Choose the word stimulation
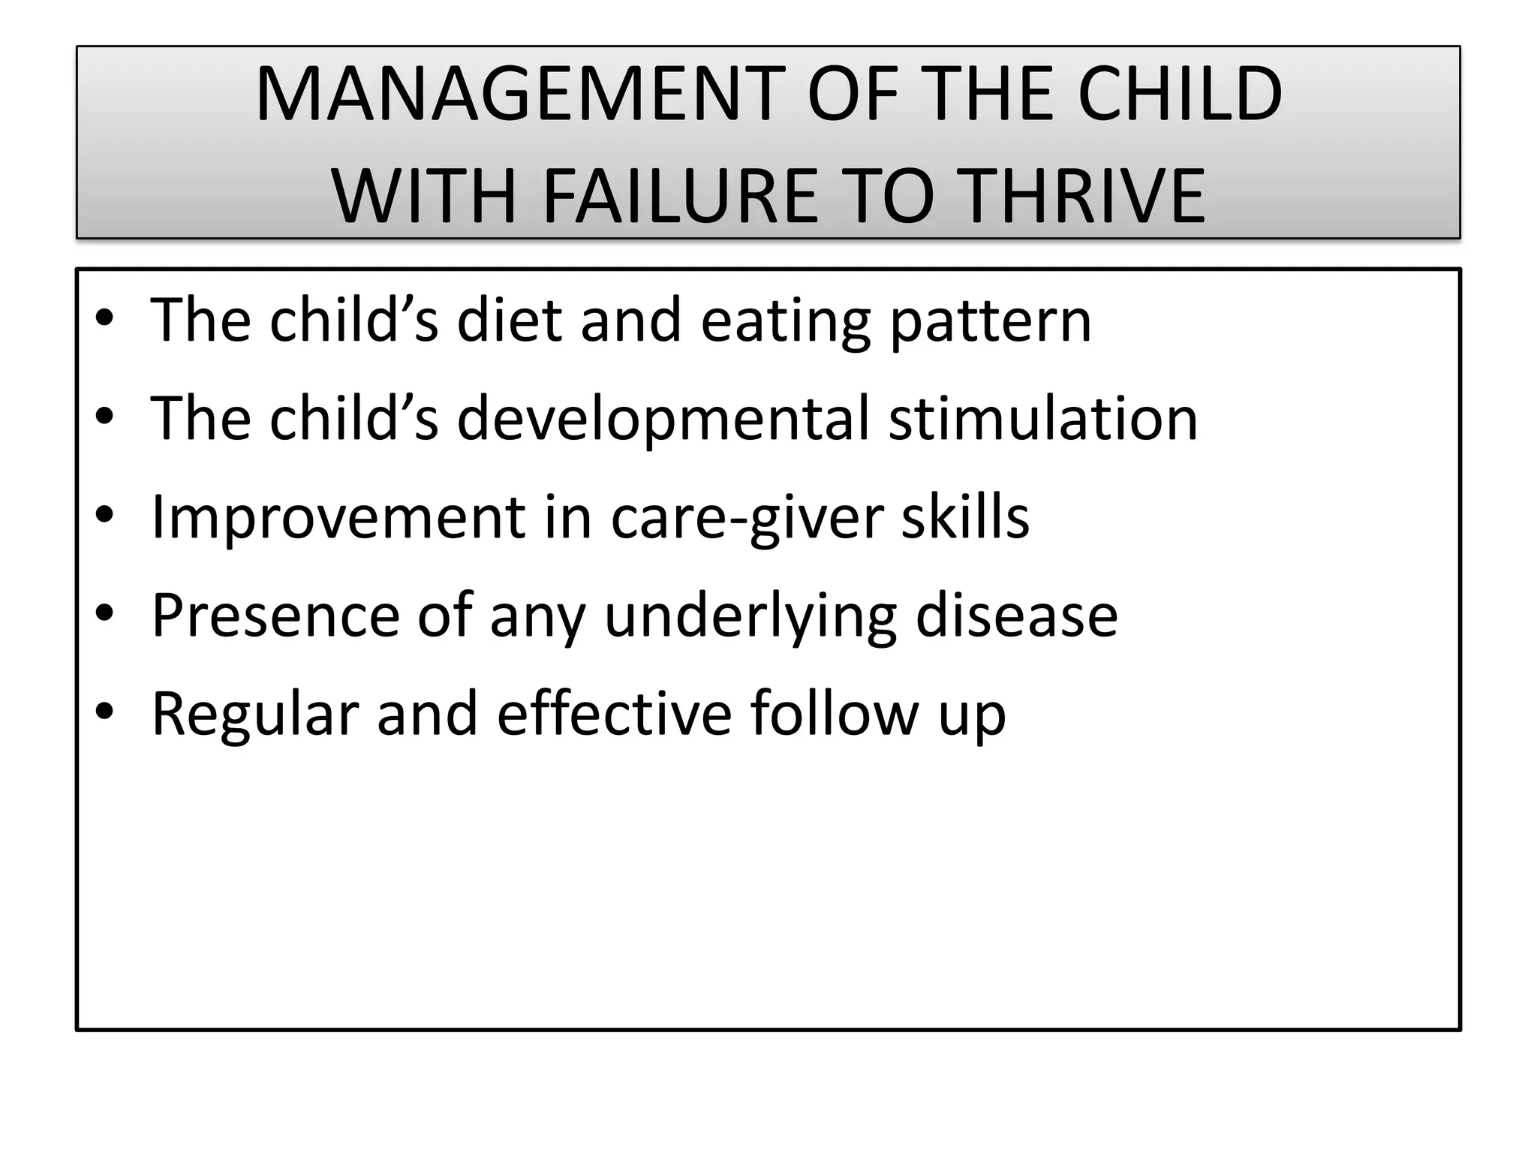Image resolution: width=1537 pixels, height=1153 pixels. click(1043, 418)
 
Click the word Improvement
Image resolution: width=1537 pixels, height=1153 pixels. click(338, 518)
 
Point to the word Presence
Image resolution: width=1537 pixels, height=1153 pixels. click(275, 616)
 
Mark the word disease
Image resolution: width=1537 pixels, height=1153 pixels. click(1016, 616)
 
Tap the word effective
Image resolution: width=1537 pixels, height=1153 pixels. click(614, 713)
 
